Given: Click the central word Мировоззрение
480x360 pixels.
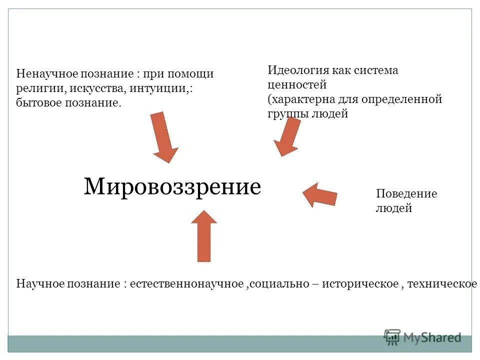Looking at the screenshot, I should click(172, 187).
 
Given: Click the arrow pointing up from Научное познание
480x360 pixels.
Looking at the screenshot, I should click(204, 236).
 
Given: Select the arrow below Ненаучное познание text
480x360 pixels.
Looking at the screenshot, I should click(163, 137).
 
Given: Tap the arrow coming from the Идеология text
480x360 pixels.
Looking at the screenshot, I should click(287, 136).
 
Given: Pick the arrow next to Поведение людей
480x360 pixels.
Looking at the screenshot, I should click(320, 194).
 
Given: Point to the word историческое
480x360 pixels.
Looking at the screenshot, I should click(360, 284).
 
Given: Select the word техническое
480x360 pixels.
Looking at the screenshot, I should click(442, 284).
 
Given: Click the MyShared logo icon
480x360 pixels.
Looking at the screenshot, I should click(393, 337).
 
